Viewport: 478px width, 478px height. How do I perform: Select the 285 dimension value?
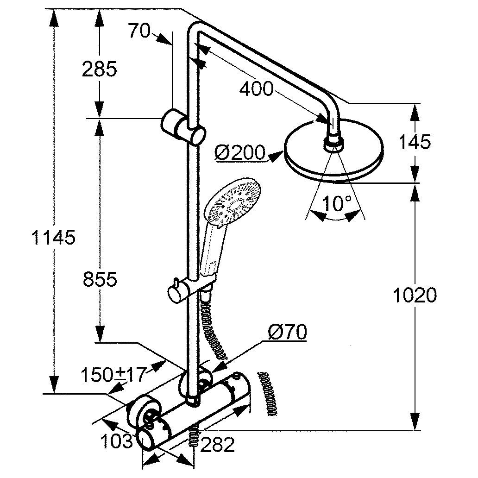pos(99,69)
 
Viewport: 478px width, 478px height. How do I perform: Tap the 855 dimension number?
pos(100,279)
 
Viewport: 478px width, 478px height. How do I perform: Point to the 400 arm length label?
pos(256,88)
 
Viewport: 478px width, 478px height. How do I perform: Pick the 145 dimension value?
pos(414,142)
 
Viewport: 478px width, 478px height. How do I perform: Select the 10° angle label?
pos(337,203)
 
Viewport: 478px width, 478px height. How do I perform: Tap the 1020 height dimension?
pos(415,295)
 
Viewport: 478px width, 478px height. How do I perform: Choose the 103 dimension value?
pos(117,441)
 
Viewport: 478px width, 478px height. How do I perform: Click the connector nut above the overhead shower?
pos(334,142)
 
